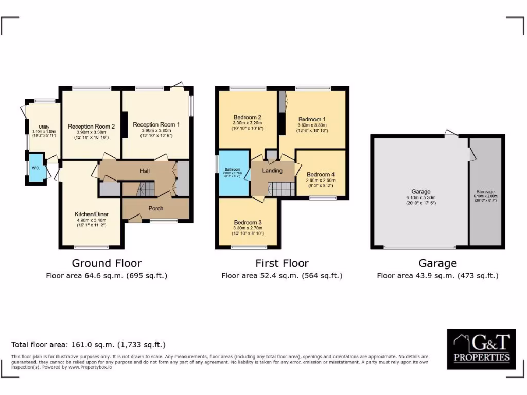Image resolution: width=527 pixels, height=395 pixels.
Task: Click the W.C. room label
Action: [36, 168]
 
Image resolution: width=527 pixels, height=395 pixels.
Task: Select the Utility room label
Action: [44, 127]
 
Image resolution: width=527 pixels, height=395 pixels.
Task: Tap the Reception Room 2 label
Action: [91, 126]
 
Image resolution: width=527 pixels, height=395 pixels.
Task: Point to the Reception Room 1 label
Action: [156, 124]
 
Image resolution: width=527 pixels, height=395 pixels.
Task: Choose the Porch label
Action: [156, 208]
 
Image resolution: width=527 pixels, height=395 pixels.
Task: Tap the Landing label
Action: [272, 171]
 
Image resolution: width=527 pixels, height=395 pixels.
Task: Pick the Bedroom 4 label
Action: [321, 174]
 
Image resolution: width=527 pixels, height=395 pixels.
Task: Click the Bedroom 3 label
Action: [248, 222]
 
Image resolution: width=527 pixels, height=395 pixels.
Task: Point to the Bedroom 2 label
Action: [248, 117]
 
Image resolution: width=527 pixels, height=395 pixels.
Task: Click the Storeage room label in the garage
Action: [485, 191]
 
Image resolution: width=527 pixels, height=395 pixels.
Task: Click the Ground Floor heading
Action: [107, 263]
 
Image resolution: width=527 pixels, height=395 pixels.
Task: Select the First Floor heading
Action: [282, 263]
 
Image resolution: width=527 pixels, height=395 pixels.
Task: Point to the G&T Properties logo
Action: [481, 349]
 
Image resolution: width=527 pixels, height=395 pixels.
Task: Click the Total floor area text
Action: [89, 345]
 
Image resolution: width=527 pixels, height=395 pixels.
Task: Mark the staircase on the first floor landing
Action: [281, 188]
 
